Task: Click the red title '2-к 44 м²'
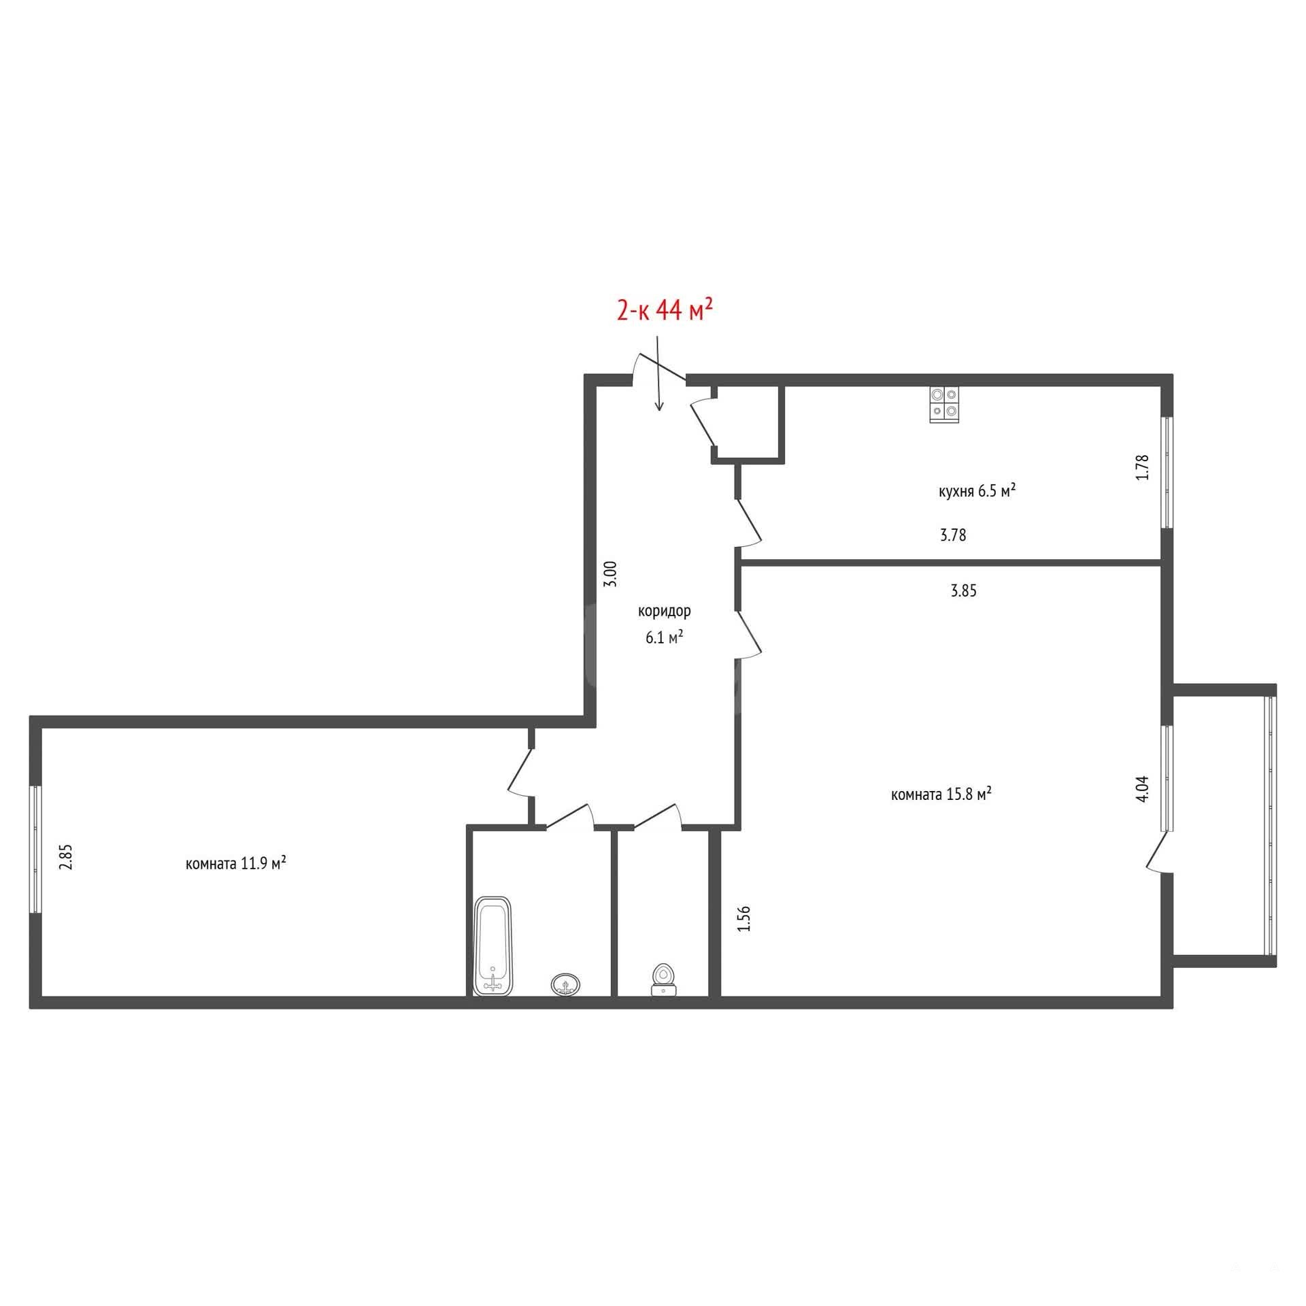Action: coord(664,311)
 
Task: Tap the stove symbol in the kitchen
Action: coord(944,405)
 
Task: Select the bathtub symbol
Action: coord(493,946)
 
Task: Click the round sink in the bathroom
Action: coord(566,984)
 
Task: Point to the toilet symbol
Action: coord(663,980)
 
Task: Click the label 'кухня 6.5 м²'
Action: coord(977,490)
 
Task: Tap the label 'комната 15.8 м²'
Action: coord(941,794)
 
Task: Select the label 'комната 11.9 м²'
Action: coord(235,863)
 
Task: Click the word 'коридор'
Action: coord(664,611)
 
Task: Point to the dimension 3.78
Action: coord(953,535)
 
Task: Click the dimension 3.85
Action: coord(963,591)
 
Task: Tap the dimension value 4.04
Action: coord(1142,788)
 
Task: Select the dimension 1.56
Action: coord(744,918)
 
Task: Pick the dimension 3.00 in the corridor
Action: coord(611,573)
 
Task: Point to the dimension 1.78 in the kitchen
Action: coord(1142,467)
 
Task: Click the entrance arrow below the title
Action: coord(658,373)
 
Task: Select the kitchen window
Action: coord(1167,472)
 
